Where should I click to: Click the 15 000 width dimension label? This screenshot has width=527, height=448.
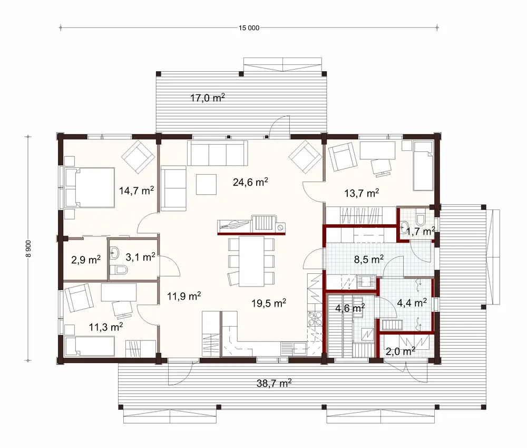[249, 27]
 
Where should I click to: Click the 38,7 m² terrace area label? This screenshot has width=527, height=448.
[275, 384]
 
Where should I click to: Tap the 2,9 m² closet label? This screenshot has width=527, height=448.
[86, 260]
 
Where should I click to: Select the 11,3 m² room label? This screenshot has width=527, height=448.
[105, 328]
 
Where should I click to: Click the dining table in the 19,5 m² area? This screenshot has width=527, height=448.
[251, 260]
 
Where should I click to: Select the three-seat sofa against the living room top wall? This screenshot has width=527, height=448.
[217, 154]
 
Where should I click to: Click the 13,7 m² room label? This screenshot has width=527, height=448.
[362, 194]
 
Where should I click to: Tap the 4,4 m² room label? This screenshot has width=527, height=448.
[411, 303]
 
